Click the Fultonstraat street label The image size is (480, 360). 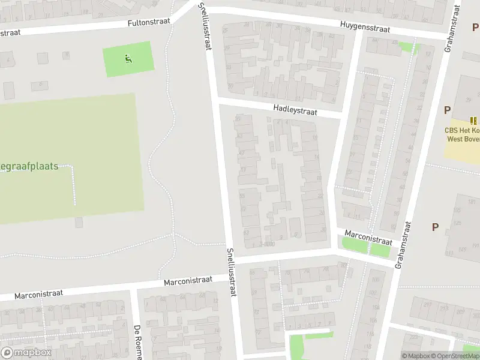click(149, 22)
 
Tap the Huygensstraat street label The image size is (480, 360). click(365, 28)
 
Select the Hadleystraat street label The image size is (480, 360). click(294, 110)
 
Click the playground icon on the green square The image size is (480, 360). click(128, 59)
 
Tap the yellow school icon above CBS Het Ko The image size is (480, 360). click(473, 121)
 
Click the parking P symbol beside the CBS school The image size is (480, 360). click(447, 110)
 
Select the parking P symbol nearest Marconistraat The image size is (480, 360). click(435, 227)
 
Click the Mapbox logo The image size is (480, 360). click(26, 353)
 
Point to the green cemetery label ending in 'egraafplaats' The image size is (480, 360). click(29, 166)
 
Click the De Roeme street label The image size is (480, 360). click(137, 343)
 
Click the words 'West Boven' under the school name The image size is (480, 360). click(463, 139)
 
